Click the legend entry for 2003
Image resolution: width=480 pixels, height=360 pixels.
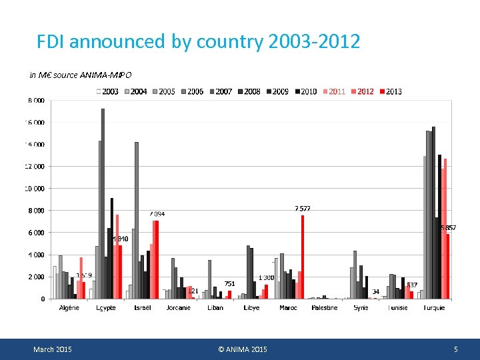coord(108,91)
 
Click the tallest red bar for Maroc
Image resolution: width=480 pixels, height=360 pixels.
coord(302,257)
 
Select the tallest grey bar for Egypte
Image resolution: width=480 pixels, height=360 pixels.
coord(103,203)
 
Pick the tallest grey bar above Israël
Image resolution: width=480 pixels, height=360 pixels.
coord(137,220)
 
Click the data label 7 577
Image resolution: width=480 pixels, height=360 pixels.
coord(303,209)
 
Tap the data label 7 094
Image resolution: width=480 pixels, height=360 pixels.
coord(157,214)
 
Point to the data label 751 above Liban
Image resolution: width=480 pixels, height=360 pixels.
coord(229,284)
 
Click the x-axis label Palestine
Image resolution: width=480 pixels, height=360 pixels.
coord(324,308)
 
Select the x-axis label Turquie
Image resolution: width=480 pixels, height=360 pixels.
coord(433,308)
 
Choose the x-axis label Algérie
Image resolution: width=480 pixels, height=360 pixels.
coord(69,308)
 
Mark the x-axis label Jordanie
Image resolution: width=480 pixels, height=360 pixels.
coord(178,308)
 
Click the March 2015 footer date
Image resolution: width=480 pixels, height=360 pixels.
coord(53,349)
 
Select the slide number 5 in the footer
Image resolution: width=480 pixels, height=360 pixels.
coord(456,349)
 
